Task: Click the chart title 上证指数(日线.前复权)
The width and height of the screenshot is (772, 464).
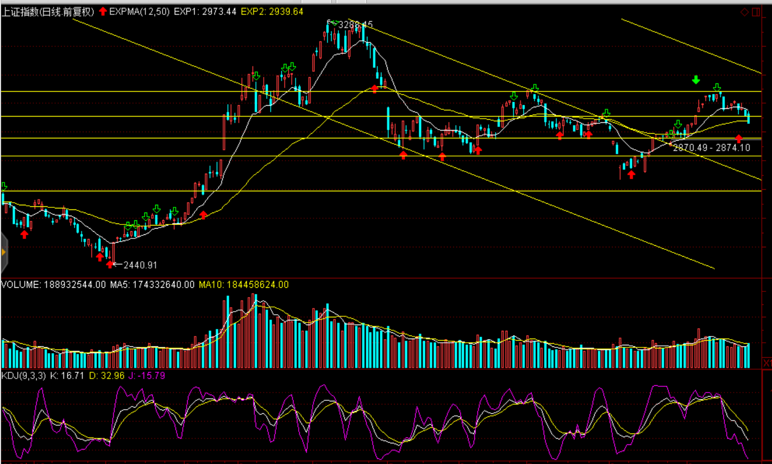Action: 48,11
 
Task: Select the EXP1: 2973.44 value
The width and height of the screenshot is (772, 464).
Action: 205,11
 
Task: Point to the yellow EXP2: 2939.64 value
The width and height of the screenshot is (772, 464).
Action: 272,11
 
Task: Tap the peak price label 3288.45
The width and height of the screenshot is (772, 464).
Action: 355,25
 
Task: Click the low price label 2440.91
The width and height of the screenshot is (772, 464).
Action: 140,265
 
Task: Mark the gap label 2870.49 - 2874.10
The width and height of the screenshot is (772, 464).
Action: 711,148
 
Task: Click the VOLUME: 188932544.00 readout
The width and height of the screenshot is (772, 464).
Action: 53,285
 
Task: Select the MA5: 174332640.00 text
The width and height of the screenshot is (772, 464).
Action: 152,285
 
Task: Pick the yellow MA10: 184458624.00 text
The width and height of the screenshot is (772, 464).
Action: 243,285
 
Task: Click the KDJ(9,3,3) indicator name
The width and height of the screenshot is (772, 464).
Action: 23,375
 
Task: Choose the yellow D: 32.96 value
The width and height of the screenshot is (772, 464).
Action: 107,375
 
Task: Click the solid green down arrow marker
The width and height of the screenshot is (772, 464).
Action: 696,80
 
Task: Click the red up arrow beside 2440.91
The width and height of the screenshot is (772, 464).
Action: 110,264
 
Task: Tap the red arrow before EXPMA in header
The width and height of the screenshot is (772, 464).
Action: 103,11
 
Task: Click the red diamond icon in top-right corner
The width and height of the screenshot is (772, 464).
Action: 745,12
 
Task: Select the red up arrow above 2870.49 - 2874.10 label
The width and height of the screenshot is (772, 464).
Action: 739,138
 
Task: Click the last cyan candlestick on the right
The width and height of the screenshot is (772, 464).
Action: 748,117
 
